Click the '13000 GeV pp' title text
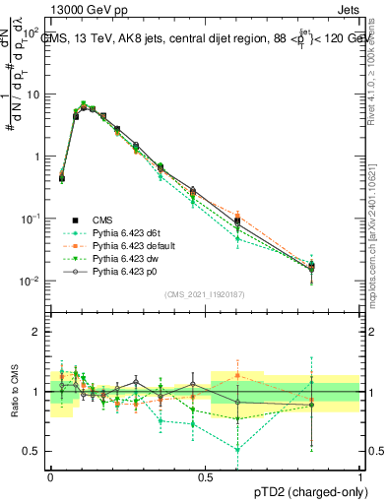[x=77, y=9]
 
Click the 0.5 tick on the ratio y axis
[x=33, y=451]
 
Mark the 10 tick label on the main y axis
[x=33, y=95]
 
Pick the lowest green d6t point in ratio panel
[x=237, y=449]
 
